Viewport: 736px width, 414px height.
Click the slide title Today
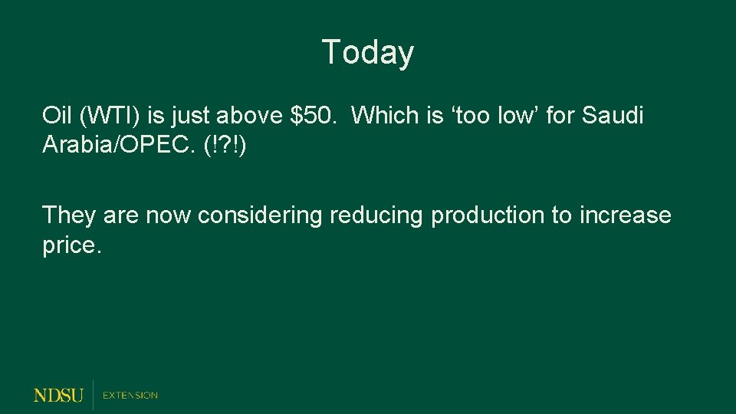point(368,53)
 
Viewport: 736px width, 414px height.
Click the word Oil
point(56,116)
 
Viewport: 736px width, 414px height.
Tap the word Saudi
point(613,116)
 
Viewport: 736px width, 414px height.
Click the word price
point(71,247)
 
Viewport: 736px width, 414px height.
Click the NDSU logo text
point(58,395)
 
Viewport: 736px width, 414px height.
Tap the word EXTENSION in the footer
point(130,395)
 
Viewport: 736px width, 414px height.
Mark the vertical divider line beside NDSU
point(93,394)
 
